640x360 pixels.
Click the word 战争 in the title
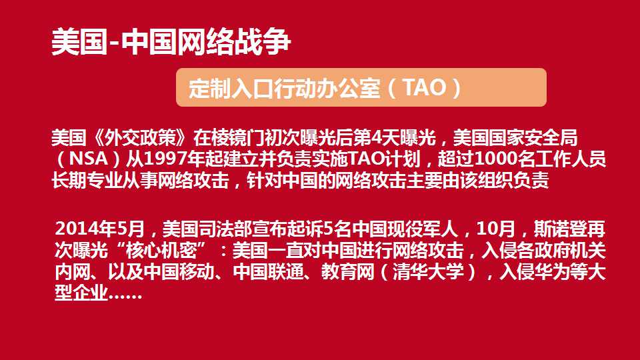(x=263, y=41)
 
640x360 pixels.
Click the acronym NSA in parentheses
(x=89, y=159)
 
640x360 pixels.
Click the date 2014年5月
(x=100, y=229)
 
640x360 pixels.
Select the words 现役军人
(x=423, y=229)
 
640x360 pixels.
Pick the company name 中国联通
(x=269, y=271)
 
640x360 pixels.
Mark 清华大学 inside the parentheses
(x=429, y=271)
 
